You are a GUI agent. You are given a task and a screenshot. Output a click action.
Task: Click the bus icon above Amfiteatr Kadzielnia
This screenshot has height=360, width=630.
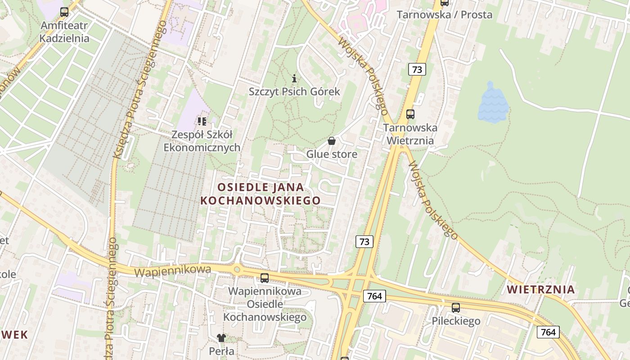point(64,12)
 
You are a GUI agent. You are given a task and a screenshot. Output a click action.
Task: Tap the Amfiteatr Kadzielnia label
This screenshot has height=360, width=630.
point(64,32)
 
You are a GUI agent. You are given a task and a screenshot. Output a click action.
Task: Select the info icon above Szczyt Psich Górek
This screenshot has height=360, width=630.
point(294,78)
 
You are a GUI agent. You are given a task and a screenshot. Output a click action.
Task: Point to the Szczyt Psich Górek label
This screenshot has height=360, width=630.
point(294,92)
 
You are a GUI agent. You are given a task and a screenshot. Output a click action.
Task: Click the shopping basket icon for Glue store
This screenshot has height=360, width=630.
point(332,141)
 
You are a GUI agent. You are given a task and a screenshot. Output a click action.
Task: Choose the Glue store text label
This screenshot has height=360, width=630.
point(332,154)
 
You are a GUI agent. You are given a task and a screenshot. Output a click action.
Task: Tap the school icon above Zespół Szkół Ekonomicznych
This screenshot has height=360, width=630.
point(202,121)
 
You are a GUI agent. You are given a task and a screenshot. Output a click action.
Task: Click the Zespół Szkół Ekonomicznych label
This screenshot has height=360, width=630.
point(202,141)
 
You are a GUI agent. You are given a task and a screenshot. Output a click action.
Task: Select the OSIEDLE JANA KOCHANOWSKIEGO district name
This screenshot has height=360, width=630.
point(261,194)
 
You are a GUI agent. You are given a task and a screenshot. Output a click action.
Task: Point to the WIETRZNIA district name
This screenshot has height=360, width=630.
point(541,289)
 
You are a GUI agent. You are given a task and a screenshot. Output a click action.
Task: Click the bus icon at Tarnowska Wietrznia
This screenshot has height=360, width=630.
point(410,114)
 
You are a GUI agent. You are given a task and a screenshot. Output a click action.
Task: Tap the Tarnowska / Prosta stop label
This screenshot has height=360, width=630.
point(444,15)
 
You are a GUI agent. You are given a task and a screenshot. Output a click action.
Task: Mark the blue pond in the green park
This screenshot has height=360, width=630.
point(493,103)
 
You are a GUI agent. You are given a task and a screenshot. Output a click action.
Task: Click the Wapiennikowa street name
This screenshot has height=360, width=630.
point(173,271)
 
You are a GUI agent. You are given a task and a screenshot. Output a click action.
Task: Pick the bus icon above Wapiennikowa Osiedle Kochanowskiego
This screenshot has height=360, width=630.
point(265,278)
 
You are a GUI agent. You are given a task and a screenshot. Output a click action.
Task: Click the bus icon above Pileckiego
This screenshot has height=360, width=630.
point(456,308)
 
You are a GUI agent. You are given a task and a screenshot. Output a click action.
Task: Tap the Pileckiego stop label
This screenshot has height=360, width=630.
point(456,321)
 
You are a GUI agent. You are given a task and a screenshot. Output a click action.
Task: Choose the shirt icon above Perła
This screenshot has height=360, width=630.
point(221,337)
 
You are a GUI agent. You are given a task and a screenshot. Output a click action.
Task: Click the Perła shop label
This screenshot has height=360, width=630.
point(221,351)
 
